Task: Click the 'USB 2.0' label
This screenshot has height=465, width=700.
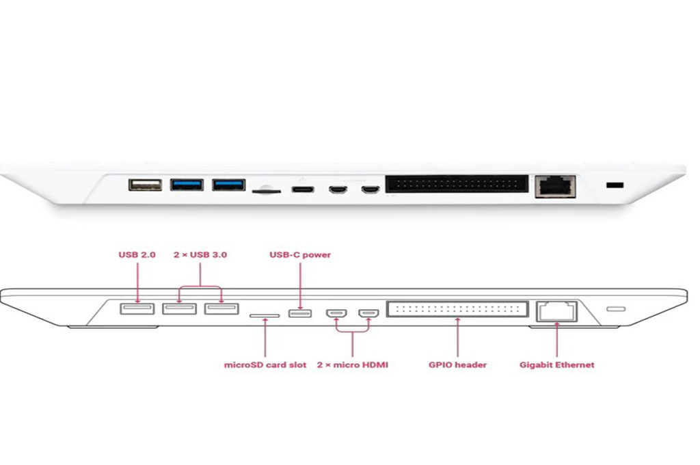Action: point(137,254)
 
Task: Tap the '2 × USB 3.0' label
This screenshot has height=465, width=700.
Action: point(200,254)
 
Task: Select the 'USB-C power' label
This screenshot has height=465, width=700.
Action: point(300,254)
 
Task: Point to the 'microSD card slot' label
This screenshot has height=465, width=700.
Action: point(265,364)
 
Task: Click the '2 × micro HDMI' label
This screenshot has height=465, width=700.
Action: point(352,364)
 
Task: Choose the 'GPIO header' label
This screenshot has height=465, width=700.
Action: point(457,364)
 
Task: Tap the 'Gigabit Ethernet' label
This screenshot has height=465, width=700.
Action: point(556,364)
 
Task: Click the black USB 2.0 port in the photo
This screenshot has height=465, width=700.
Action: point(145,185)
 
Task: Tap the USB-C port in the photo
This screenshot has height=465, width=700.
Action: point(300,189)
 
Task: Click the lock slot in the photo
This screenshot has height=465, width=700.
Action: point(615,185)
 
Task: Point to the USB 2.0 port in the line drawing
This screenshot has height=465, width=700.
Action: point(137,309)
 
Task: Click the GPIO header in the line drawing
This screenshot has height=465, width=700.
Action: point(457,309)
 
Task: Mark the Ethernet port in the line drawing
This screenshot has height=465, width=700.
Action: point(556,311)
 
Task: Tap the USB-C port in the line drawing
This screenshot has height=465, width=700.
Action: point(300,313)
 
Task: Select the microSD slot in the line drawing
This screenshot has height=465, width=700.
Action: point(265,316)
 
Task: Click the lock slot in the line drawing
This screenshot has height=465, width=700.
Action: point(616,309)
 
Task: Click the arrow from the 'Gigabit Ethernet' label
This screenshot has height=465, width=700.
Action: point(556,338)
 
